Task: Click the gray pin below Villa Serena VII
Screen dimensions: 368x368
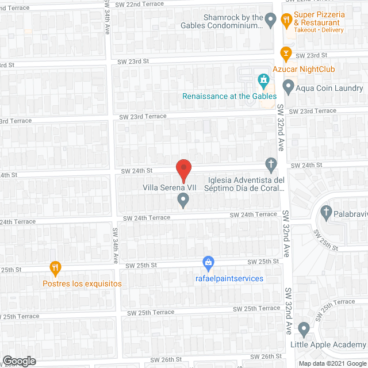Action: coord(183,200)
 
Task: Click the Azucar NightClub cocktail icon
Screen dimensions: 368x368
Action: coord(284,54)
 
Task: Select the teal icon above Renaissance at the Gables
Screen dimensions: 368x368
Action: coord(263,79)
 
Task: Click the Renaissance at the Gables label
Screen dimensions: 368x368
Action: coord(229,96)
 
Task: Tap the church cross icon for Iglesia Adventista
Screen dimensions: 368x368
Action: coord(271,165)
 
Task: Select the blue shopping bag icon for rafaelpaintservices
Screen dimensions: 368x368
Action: coord(208,263)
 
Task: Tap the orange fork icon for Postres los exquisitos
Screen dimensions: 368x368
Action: coord(55,267)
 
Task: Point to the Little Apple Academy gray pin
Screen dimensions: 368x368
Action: coord(304,329)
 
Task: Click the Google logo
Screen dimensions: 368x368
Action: coord(19,361)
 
